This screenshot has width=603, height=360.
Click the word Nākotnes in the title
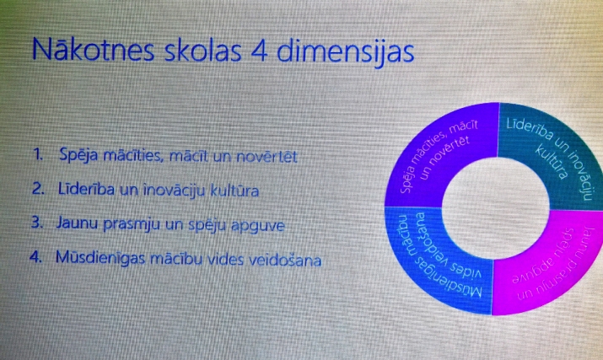click(x=93, y=50)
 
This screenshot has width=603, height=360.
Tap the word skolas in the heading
click(x=203, y=51)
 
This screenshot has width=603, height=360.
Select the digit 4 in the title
click(x=259, y=51)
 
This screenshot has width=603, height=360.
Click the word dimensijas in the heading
click(x=345, y=52)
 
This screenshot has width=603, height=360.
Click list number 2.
click(x=38, y=188)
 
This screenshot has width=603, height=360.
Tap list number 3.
click(x=37, y=223)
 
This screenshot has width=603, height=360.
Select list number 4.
click(x=35, y=256)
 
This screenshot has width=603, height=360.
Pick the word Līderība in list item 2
click(x=86, y=189)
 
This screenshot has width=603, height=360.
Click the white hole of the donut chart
click(x=496, y=208)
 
